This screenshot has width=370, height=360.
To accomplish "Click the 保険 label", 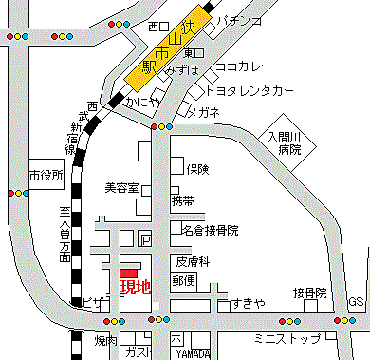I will [197, 170].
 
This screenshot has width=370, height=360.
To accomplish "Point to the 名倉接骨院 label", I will [210, 231].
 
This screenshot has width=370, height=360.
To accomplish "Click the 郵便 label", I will [184, 280].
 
